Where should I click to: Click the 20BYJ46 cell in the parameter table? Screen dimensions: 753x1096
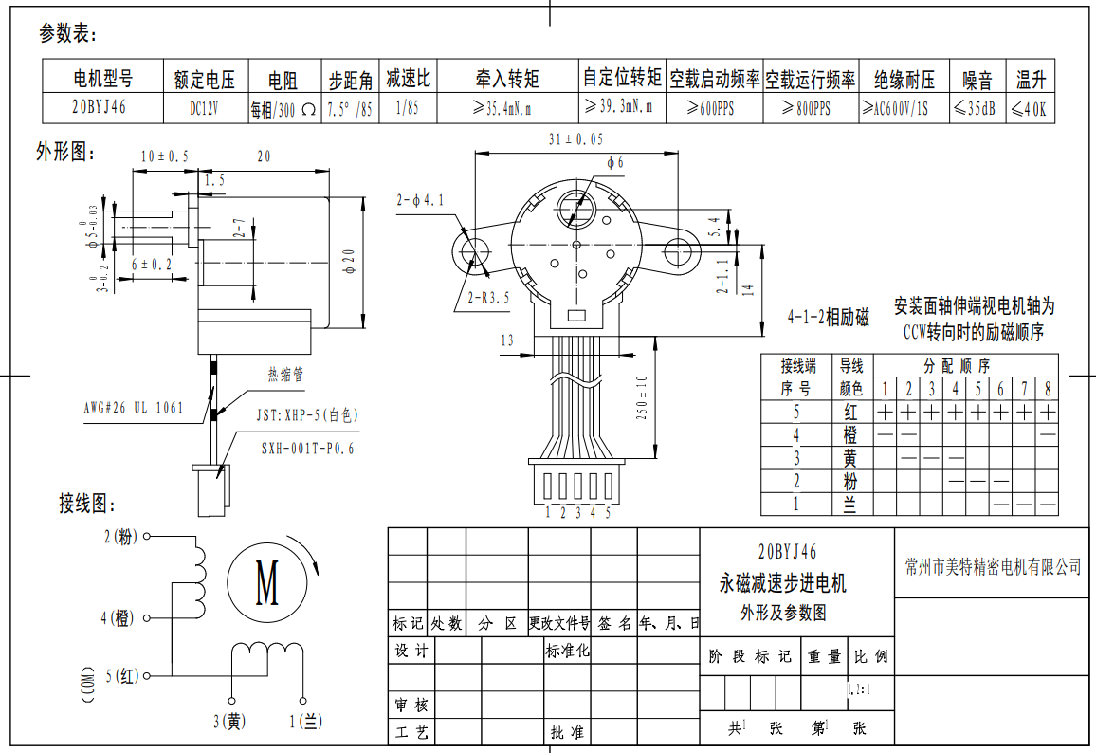pyautogui.click(x=100, y=108)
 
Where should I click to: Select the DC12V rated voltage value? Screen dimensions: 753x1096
pyautogui.click(x=204, y=109)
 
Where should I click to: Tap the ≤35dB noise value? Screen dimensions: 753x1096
pyautogui.click(x=976, y=109)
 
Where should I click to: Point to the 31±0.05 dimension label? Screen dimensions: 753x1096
pyautogui.click(x=575, y=139)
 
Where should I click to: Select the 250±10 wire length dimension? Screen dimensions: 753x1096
pyautogui.click(x=642, y=398)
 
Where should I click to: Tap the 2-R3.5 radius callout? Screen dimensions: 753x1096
pyautogui.click(x=488, y=297)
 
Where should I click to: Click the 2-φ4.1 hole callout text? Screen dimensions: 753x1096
pyautogui.click(x=420, y=200)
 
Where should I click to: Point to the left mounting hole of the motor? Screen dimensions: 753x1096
pyautogui.click(x=471, y=250)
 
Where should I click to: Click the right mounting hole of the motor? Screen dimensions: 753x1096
pyautogui.click(x=681, y=250)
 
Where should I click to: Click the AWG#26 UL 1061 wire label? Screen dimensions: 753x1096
pyautogui.click(x=133, y=408)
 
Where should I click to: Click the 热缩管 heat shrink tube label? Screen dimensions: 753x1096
pyautogui.click(x=285, y=376)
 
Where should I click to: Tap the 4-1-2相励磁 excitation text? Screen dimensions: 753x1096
pyautogui.click(x=828, y=318)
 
